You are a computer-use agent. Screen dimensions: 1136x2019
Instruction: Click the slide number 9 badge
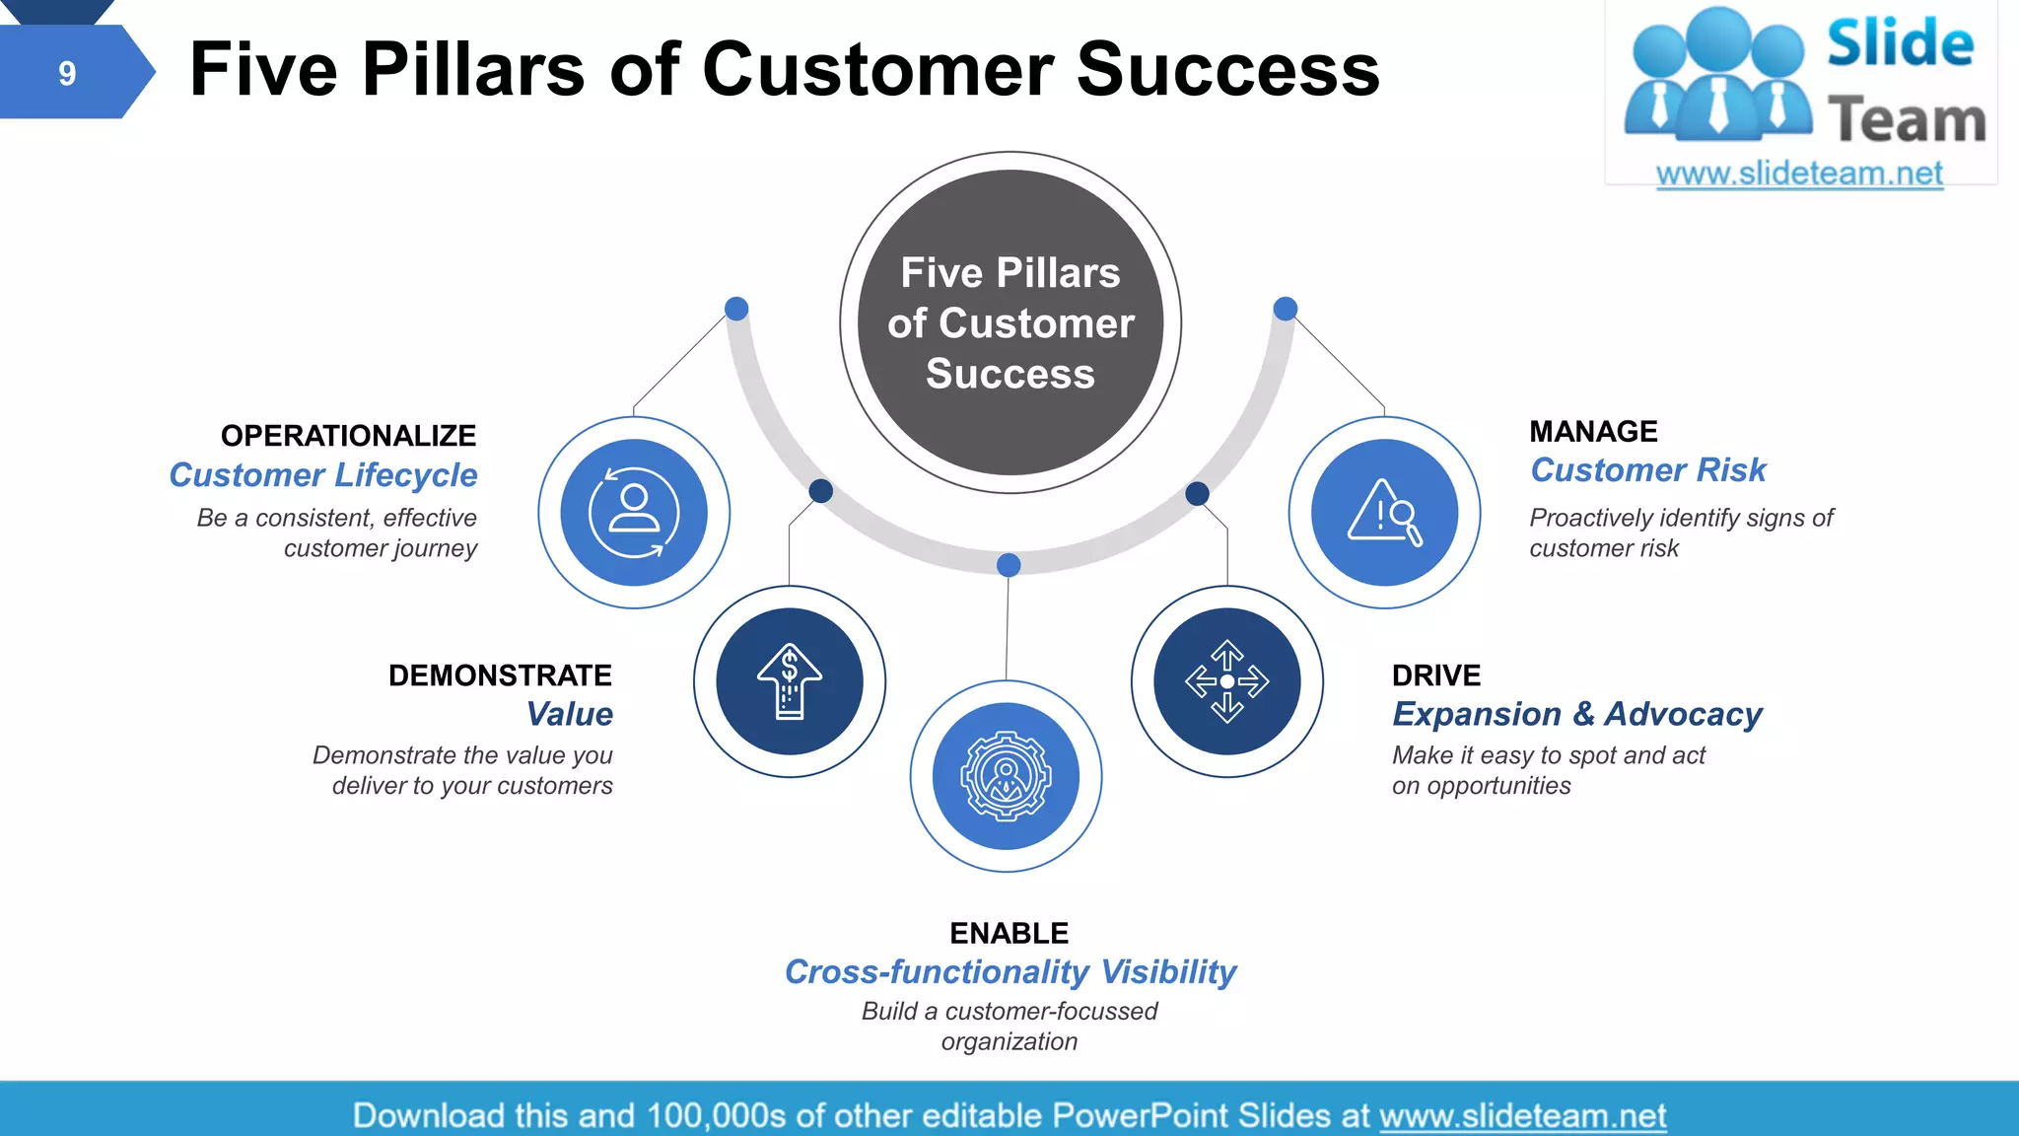tap(67, 73)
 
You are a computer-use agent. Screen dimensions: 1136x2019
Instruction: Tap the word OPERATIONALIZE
tap(348, 435)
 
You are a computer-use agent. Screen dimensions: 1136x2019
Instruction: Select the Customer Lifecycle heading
tap(322, 475)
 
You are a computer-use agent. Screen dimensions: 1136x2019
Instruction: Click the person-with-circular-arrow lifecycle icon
tap(634, 513)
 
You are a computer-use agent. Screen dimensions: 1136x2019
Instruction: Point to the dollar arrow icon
tap(789, 681)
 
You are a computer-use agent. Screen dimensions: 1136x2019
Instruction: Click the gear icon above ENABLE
tap(1006, 776)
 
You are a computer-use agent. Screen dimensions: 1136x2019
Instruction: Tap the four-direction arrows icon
tap(1226, 681)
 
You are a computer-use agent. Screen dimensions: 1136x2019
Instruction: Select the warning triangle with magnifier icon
tap(1384, 513)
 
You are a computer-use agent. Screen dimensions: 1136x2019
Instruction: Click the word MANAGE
tap(1593, 431)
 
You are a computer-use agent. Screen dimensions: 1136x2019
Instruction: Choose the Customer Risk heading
tap(1647, 470)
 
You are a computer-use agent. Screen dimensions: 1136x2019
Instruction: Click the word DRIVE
tap(1435, 675)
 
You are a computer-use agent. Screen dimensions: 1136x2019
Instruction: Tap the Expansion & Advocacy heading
tap(1576, 714)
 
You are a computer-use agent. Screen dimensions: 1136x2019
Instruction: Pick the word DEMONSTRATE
tap(500, 675)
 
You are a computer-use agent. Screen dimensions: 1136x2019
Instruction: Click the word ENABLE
tap(1009, 933)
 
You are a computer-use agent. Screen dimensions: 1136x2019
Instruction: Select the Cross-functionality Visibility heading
tap(1009, 972)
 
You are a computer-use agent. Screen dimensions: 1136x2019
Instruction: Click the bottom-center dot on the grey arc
tap(1008, 565)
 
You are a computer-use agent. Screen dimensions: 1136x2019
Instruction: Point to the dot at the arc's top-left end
tap(736, 309)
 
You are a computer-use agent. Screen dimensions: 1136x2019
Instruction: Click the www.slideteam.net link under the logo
tap(1799, 174)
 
